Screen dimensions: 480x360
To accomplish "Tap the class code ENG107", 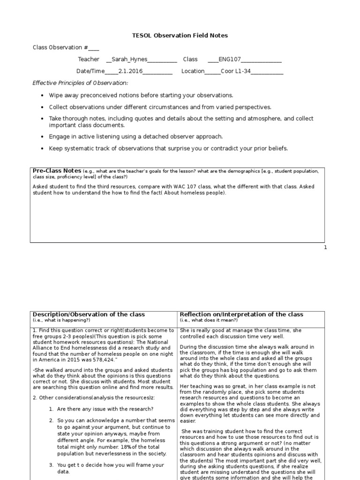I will pos(229,60).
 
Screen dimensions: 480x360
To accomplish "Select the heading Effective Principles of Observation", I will pos(80,83).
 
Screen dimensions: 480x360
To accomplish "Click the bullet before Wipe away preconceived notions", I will pos(43,95).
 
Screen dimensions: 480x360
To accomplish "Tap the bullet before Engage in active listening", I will pos(43,137).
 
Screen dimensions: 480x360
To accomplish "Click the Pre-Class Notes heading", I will pos(57,171).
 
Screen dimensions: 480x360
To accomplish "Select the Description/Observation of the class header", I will pos(89,314).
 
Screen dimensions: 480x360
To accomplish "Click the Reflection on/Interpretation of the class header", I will pos(241,314).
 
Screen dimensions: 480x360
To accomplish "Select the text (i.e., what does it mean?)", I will pos(209,320).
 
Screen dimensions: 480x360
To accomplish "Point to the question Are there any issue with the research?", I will pos(105,409).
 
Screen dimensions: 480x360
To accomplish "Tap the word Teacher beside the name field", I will pos(89,60).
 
